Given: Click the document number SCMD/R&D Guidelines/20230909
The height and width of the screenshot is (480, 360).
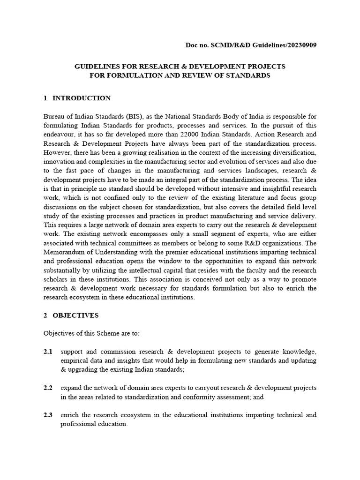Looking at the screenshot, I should tap(248, 45).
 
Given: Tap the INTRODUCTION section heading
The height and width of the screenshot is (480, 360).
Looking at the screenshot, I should tap(82, 98).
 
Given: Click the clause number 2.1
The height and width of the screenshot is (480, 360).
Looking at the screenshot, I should tap(48, 352).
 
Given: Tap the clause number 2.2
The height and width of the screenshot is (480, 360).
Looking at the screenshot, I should tap(48, 388).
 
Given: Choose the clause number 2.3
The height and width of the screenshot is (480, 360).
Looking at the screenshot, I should tap(48, 415).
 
